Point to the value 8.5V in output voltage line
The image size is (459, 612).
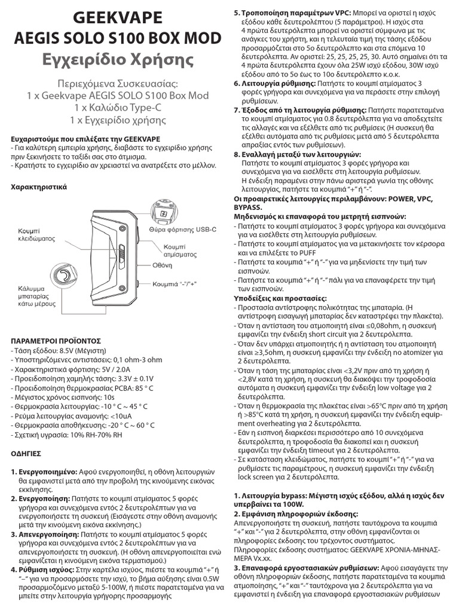(x=70, y=350)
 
